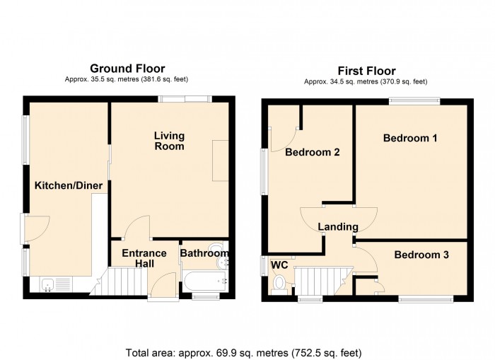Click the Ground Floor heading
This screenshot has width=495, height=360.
(127, 69)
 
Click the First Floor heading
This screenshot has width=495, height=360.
(366, 71)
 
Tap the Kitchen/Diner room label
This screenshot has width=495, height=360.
(69, 185)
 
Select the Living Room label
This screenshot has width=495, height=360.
(169, 141)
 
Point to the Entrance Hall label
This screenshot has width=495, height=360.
(144, 258)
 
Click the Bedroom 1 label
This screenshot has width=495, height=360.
(410, 138)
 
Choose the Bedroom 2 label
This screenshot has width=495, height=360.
(313, 152)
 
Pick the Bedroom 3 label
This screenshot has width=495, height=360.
(421, 255)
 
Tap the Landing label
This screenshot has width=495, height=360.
(338, 227)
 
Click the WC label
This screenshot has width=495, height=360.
(279, 265)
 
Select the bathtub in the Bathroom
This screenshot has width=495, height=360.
(205, 281)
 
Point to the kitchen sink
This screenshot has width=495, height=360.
(47, 284)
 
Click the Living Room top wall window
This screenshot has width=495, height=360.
(185, 99)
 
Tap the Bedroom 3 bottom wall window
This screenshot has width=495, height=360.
(426, 298)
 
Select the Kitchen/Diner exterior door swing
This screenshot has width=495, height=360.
(35, 228)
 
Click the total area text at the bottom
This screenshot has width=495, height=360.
(244, 352)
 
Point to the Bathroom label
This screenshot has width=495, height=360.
(204, 253)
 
